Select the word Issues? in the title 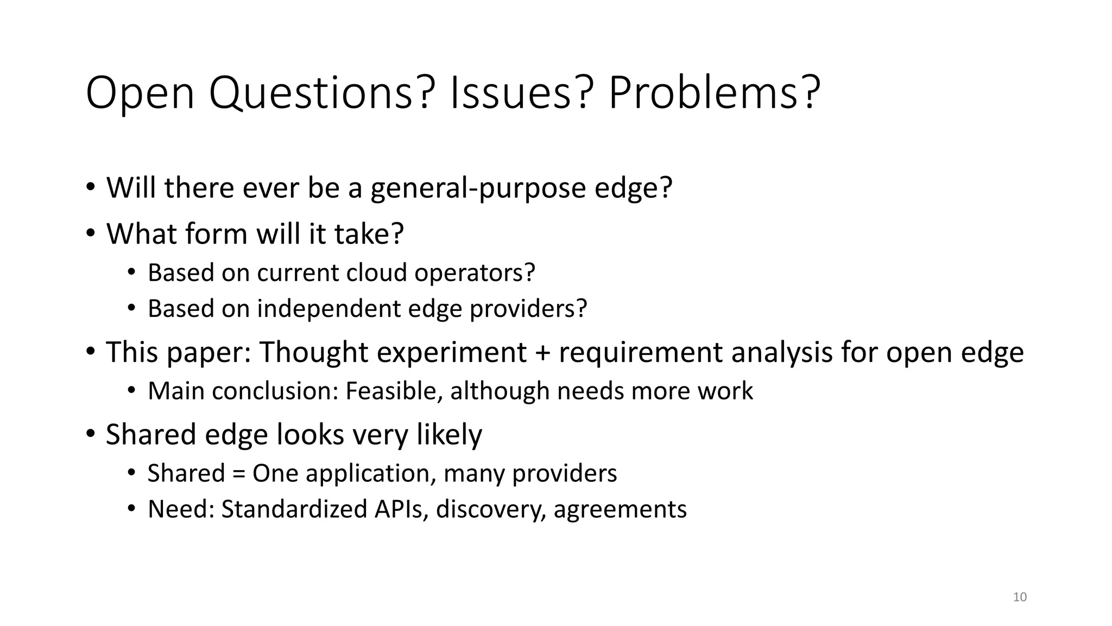519,93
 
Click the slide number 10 1020,597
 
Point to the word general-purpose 478,189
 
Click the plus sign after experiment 542,352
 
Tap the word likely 449,435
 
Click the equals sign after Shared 238,473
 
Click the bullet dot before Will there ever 90,187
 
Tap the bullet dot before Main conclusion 131,391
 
